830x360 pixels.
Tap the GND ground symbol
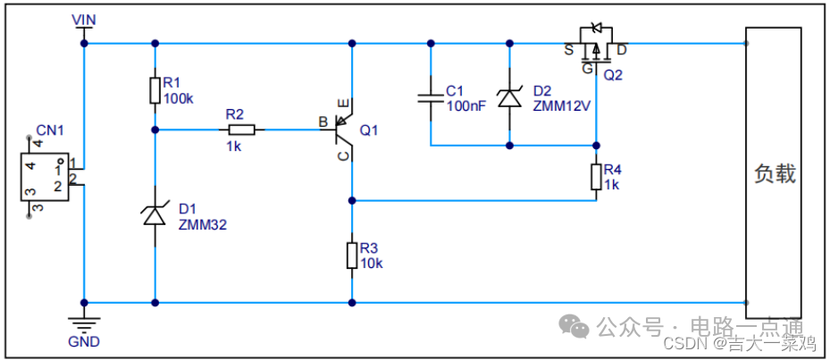[84, 322]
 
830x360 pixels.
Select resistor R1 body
[155, 89]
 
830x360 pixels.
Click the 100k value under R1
[178, 98]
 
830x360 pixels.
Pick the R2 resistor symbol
[241, 130]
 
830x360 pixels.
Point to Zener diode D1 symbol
[155, 214]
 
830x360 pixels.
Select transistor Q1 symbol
[344, 130]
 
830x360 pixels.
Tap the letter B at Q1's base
[323, 121]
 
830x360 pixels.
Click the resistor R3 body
[352, 255]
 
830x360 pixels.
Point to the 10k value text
[371, 264]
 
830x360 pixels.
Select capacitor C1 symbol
[431, 96]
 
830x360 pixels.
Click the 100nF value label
[465, 105]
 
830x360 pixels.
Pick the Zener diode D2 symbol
[509, 97]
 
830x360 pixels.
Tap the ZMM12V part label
[562, 105]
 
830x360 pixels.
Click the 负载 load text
[774, 173]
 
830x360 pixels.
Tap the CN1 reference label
[50, 130]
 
